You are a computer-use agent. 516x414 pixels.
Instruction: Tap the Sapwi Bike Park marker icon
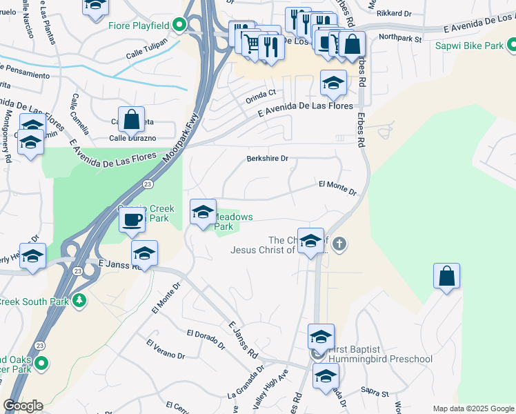[512, 46]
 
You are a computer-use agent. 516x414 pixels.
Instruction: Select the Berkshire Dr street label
[267, 158]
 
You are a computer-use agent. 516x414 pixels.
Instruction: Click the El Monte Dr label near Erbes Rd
[337, 188]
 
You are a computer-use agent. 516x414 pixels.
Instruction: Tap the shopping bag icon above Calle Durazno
[131, 119]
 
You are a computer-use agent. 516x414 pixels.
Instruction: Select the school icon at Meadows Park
[203, 212]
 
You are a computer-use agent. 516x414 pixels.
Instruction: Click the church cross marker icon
[338, 244]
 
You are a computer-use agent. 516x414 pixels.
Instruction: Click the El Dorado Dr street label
[206, 337]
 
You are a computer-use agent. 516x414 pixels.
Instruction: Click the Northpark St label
[400, 38]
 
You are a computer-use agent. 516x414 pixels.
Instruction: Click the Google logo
[22, 405]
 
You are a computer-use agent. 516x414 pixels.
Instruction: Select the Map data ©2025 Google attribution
[473, 408]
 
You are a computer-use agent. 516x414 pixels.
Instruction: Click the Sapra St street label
[375, 393]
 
